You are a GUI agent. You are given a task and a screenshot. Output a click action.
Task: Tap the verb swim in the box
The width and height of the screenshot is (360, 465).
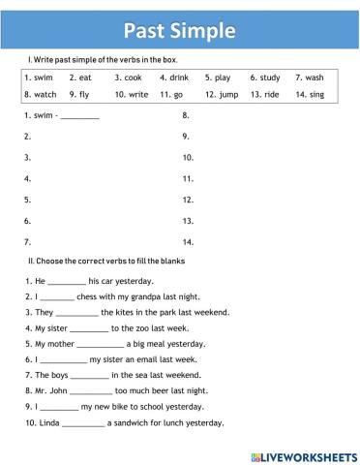43,77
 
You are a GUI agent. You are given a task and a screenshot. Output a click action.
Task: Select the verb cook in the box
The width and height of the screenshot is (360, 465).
134,77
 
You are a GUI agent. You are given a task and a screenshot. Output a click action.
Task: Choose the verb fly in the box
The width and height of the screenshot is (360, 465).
84,95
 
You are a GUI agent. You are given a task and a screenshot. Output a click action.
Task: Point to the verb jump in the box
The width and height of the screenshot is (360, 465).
228,95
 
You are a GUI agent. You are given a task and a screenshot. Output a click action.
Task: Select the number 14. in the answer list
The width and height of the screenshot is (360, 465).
189,241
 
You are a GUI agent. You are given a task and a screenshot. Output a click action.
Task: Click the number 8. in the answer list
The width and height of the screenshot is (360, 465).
186,114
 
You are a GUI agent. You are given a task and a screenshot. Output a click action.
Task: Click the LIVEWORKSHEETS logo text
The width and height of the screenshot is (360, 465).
309,453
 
